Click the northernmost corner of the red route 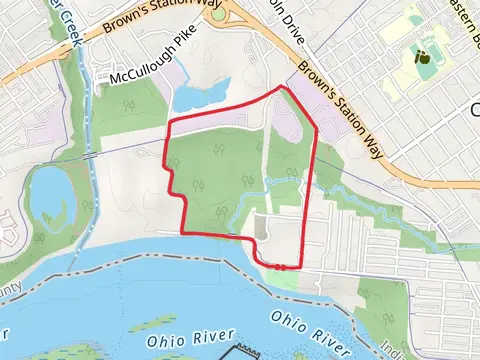click(283, 87)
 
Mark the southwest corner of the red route click(183, 233)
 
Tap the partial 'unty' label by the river click(12, 291)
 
